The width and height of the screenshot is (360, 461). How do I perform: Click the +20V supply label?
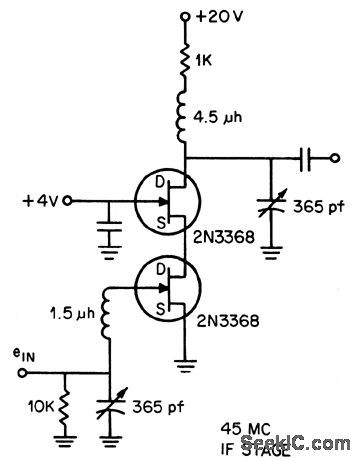tap(226, 17)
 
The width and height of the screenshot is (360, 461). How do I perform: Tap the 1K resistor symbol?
tap(186, 62)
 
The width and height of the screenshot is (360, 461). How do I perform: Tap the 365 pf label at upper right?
tap(319, 207)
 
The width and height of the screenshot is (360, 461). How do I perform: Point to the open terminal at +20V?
tap(186, 17)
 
